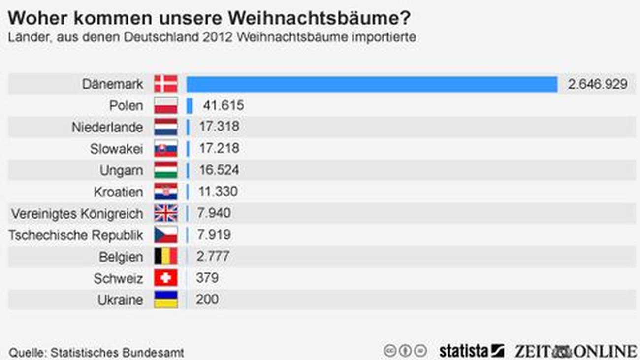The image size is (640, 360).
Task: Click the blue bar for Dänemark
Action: tap(372, 84)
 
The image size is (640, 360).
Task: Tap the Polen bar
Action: tap(190, 106)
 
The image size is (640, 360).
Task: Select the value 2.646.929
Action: tap(598, 84)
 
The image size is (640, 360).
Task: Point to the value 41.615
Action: tap(224, 106)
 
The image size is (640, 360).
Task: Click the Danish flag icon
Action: tap(165, 84)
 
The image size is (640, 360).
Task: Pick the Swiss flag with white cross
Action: tap(165, 278)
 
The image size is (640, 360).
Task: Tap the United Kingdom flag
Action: tap(165, 213)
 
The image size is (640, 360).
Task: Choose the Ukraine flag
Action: tap(165, 299)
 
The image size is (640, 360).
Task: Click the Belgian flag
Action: tap(165, 257)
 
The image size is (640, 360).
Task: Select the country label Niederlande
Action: tap(107, 128)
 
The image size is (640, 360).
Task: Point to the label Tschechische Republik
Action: tap(76, 235)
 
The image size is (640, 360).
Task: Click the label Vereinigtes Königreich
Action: tap(77, 214)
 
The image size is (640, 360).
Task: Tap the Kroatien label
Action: tap(118, 192)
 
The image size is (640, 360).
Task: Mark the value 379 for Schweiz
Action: tap(207, 278)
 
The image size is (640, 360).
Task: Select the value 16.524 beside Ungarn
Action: tap(219, 170)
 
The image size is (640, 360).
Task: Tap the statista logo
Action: tap(471, 351)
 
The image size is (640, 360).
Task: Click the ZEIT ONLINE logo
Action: tap(576, 351)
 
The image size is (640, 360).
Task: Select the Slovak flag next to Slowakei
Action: tap(165, 149)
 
